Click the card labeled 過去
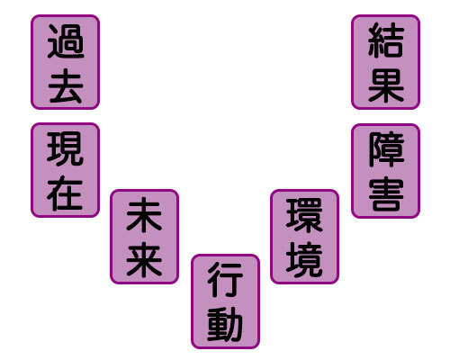click(x=65, y=62)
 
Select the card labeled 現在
click(x=65, y=170)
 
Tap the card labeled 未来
click(x=144, y=237)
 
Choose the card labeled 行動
click(x=225, y=301)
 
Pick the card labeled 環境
click(x=304, y=237)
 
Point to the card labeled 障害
click(x=385, y=171)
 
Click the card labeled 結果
click(x=385, y=62)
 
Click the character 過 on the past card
click(x=66, y=41)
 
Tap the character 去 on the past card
click(x=66, y=85)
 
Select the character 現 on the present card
click(x=65, y=148)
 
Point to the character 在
click(x=65, y=193)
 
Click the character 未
click(x=144, y=215)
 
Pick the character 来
click(x=144, y=259)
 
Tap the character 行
click(x=225, y=280)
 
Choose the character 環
click(x=304, y=215)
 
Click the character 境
click(x=304, y=259)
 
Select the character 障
click(x=386, y=149)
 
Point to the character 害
click(x=386, y=193)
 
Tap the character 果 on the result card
click(x=386, y=85)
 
